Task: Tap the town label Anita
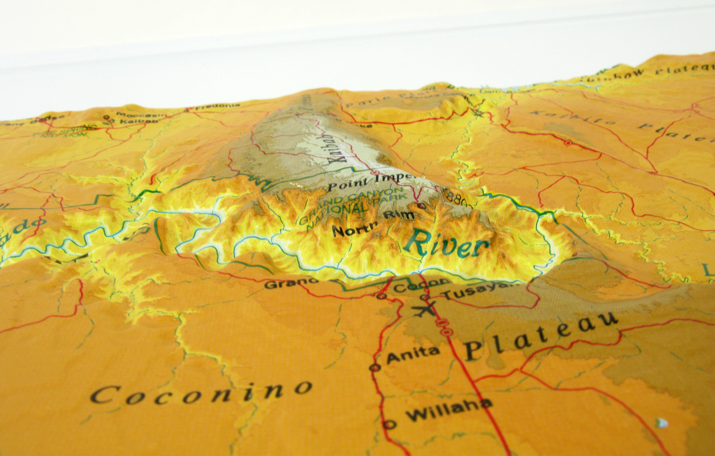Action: [x=413, y=354]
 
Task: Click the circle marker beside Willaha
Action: [x=389, y=424]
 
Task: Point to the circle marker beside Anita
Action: [x=375, y=367]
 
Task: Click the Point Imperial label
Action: [x=360, y=182]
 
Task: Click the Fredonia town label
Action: [x=208, y=107]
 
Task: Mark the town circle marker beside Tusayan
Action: [x=424, y=297]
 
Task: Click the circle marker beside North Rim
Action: [x=421, y=206]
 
